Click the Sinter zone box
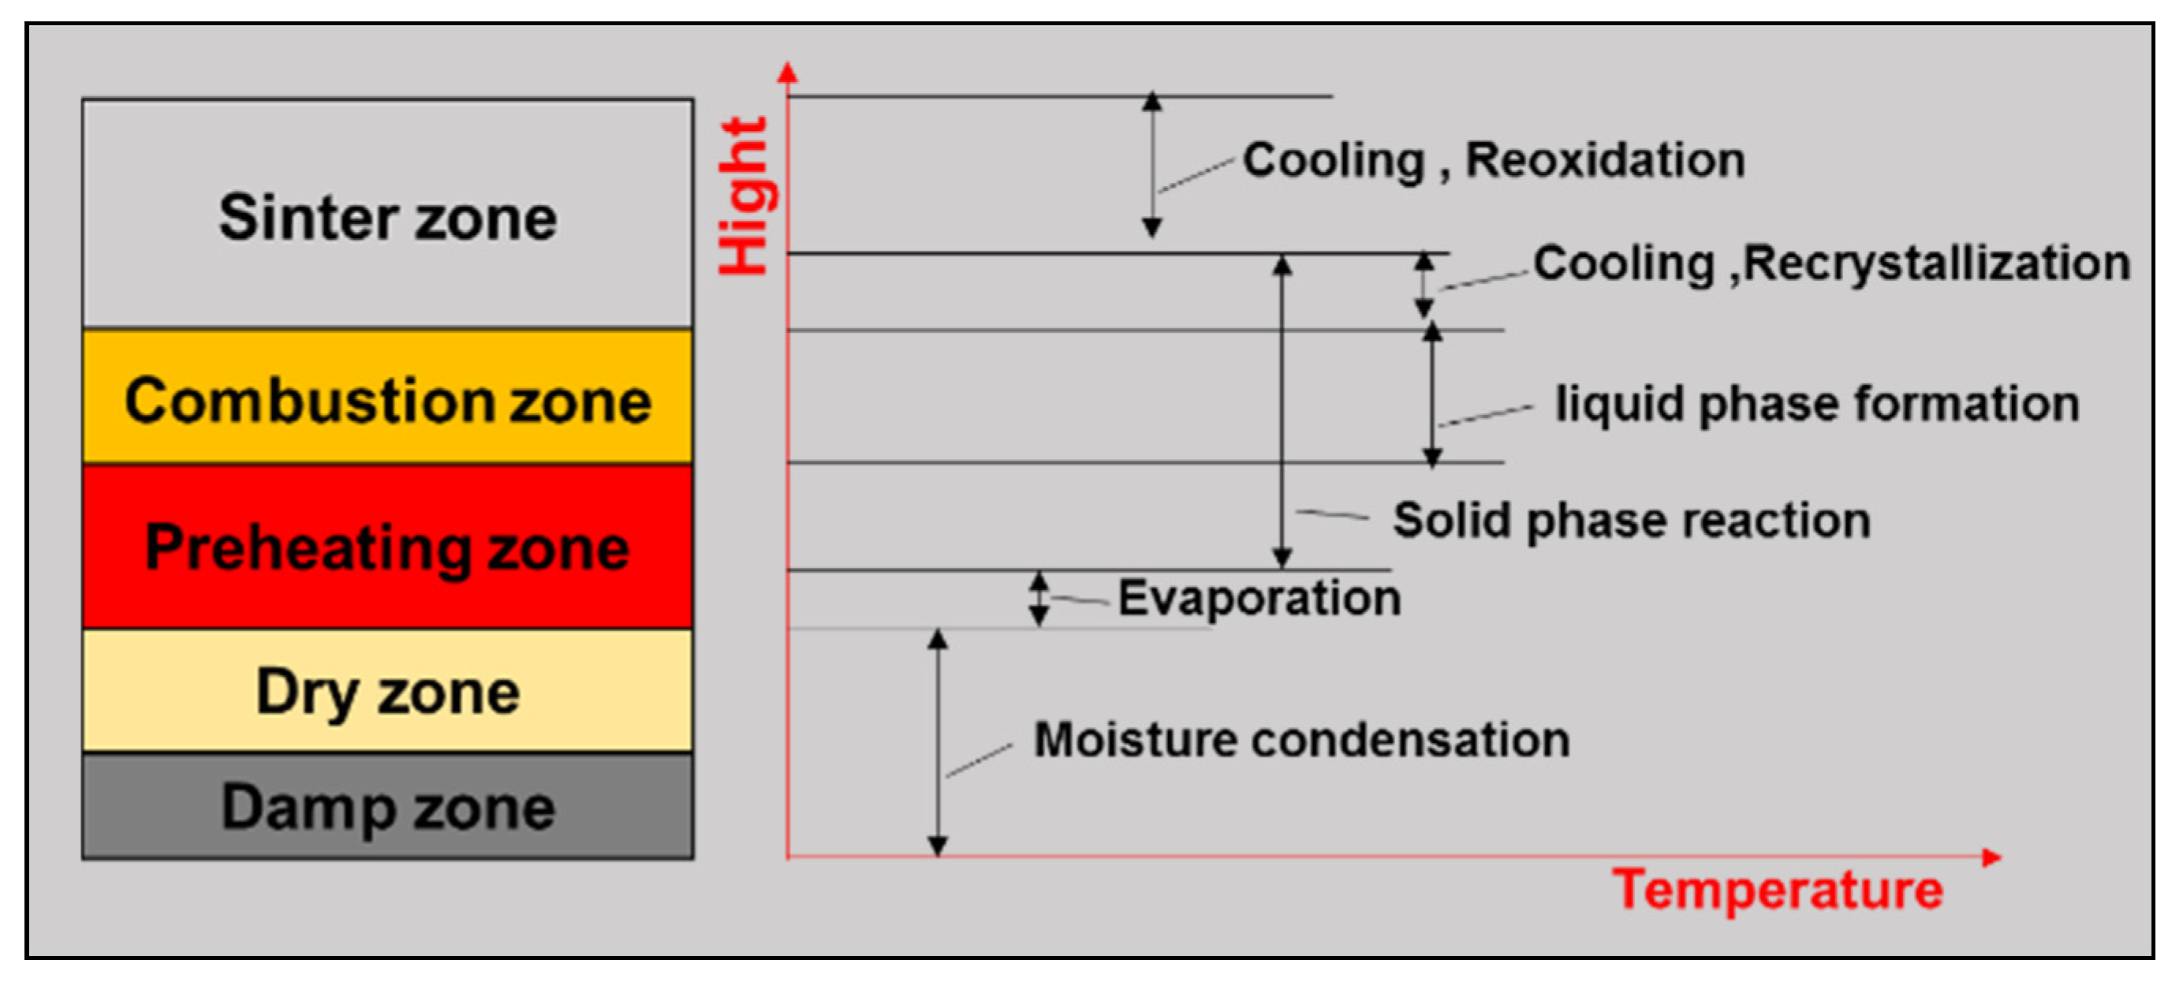pyautogui.click(x=387, y=214)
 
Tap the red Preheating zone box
pyautogui.click(x=387, y=547)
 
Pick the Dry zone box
pyautogui.click(x=387, y=691)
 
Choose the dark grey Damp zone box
pyautogui.click(x=387, y=806)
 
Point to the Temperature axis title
pyautogui.click(x=1777, y=889)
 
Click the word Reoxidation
pyautogui.click(x=1605, y=160)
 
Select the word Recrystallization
pyautogui.click(x=1936, y=263)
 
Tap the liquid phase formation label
pyautogui.click(x=1817, y=404)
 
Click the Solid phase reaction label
pyautogui.click(x=1631, y=520)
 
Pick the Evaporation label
pyautogui.click(x=1259, y=598)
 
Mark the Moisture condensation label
pyautogui.click(x=1301, y=739)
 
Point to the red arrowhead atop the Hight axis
pyautogui.click(x=788, y=72)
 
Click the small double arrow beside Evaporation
pyautogui.click(x=1039, y=599)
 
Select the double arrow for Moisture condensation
pyautogui.click(x=937, y=741)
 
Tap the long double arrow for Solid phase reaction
pyautogui.click(x=1282, y=411)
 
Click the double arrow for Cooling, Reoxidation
pyautogui.click(x=1151, y=165)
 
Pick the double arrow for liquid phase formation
pyautogui.click(x=1432, y=395)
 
